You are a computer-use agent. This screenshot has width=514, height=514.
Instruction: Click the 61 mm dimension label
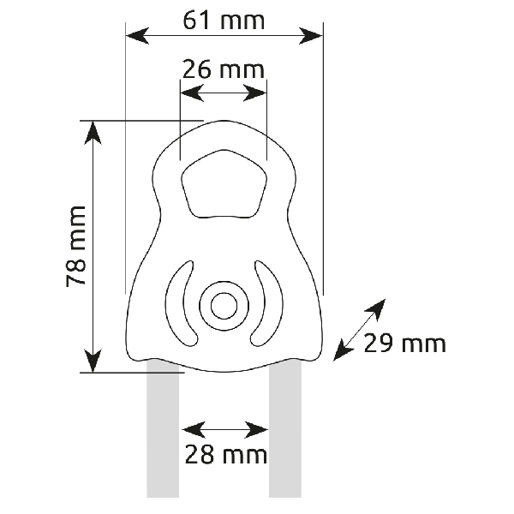pos(224,21)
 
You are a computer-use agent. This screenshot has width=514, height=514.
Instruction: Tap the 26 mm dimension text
pos(224,69)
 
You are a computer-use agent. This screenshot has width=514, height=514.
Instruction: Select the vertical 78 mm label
pos(76,247)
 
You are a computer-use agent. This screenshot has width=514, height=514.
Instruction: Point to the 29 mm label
pos(405,344)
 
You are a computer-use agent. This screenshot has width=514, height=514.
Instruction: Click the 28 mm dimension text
pos(226,455)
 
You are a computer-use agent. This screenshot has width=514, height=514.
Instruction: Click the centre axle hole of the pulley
pos(224,306)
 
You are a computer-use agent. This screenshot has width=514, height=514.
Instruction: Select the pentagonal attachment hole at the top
pos(224,183)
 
